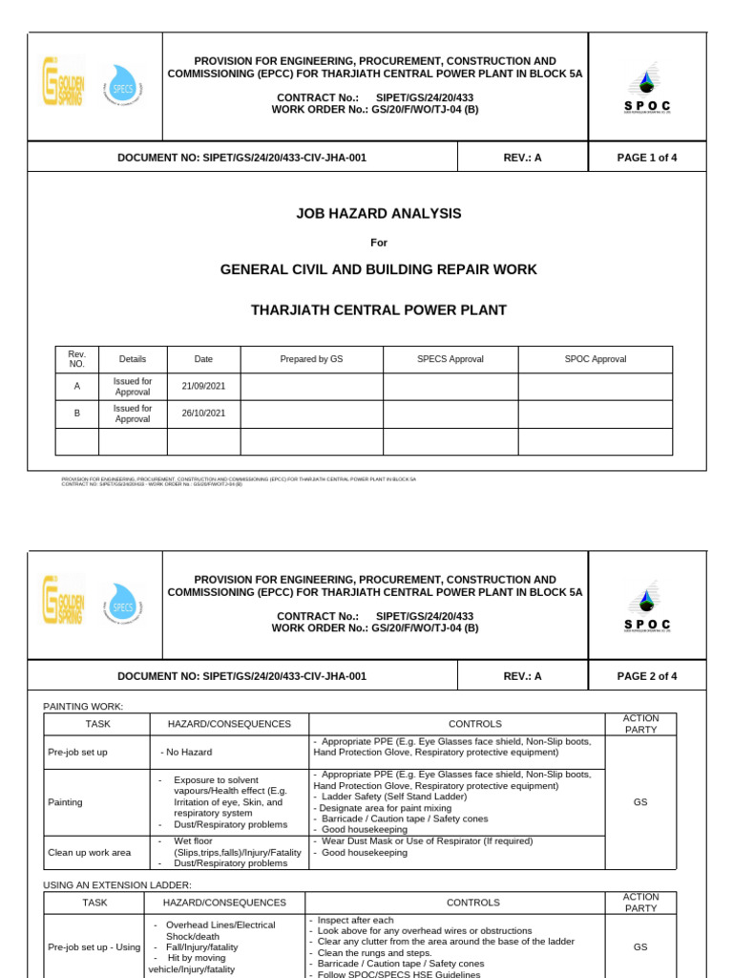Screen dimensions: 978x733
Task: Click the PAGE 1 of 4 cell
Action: coord(647,158)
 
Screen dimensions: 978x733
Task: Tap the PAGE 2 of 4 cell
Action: coord(647,676)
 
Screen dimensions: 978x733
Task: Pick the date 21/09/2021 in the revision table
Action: coord(203,387)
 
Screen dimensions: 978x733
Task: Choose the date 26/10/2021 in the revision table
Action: coord(203,414)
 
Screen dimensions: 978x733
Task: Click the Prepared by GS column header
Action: coord(311,359)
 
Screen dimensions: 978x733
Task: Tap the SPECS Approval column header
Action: coord(450,359)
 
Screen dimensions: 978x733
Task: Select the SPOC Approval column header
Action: coord(596,359)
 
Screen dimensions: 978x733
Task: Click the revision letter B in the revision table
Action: coord(77,414)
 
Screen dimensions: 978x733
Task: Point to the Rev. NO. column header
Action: coord(77,359)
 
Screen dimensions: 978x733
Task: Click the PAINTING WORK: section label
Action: coord(83,706)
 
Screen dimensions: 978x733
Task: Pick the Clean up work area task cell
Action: coord(89,852)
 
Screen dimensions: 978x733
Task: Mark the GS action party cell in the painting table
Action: coord(640,802)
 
